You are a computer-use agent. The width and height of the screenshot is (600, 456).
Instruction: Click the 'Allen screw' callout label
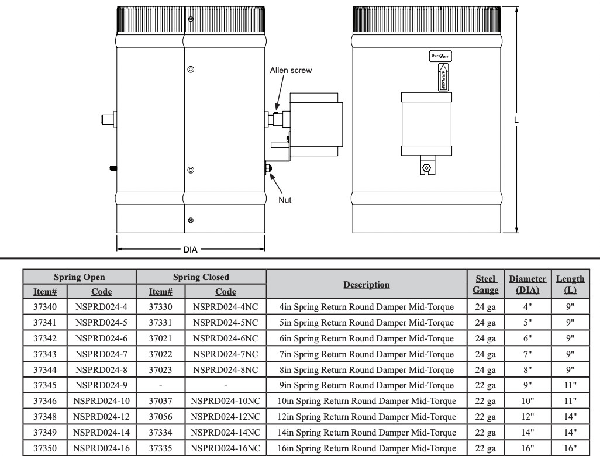click(291, 70)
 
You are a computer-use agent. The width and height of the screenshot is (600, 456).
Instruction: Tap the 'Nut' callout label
click(285, 200)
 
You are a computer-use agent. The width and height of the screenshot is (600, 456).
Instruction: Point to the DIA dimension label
click(190, 250)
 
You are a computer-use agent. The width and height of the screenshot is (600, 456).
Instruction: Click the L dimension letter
click(516, 120)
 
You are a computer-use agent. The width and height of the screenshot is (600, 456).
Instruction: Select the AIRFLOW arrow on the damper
click(443, 77)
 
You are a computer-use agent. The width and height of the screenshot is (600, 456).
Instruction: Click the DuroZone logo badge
click(440, 56)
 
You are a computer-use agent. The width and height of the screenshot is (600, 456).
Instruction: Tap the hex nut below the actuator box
click(426, 168)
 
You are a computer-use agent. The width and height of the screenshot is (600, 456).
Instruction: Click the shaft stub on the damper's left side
click(108, 119)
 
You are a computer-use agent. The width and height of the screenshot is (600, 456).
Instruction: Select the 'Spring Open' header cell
click(79, 277)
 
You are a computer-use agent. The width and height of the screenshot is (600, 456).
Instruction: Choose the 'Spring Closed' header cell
click(201, 277)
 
